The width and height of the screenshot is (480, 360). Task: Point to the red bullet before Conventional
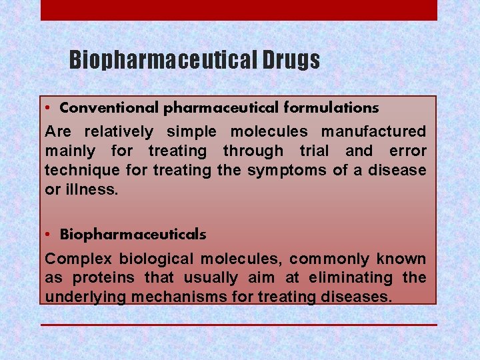click(x=50, y=108)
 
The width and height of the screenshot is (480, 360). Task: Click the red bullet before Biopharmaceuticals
click(x=50, y=235)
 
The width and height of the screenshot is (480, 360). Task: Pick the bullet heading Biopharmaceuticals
click(x=133, y=235)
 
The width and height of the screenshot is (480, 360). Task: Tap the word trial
click(x=311, y=151)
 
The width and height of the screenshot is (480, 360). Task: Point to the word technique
click(x=82, y=171)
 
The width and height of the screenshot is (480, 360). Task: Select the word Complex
click(x=79, y=259)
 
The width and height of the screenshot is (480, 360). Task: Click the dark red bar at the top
click(x=239, y=10)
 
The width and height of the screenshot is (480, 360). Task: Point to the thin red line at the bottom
click(x=239, y=325)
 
